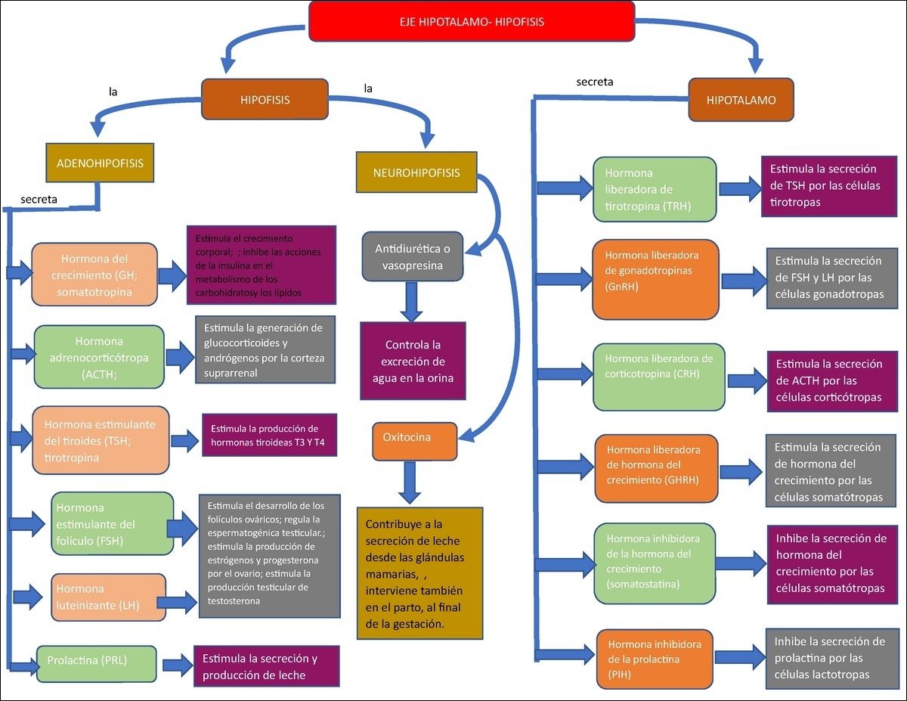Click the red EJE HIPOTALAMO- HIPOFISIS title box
coord(472,22)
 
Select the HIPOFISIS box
coord(265,99)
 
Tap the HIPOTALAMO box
coord(741,99)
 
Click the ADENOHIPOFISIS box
coord(100,163)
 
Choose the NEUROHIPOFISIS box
coord(416,172)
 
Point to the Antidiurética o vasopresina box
coord(413,256)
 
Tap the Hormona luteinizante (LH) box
coord(109,597)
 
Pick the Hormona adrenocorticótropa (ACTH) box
coord(99,357)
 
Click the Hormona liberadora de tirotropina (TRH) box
coord(655,189)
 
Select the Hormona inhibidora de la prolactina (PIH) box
coord(655,659)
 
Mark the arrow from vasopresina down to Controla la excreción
coord(413,300)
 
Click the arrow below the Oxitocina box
coord(410,482)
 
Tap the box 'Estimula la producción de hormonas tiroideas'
coord(269,435)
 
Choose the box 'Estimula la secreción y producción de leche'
coord(266,665)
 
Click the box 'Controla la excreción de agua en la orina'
coord(413,361)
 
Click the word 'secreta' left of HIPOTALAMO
coord(595,82)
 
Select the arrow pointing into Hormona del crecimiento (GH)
coord(18,271)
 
